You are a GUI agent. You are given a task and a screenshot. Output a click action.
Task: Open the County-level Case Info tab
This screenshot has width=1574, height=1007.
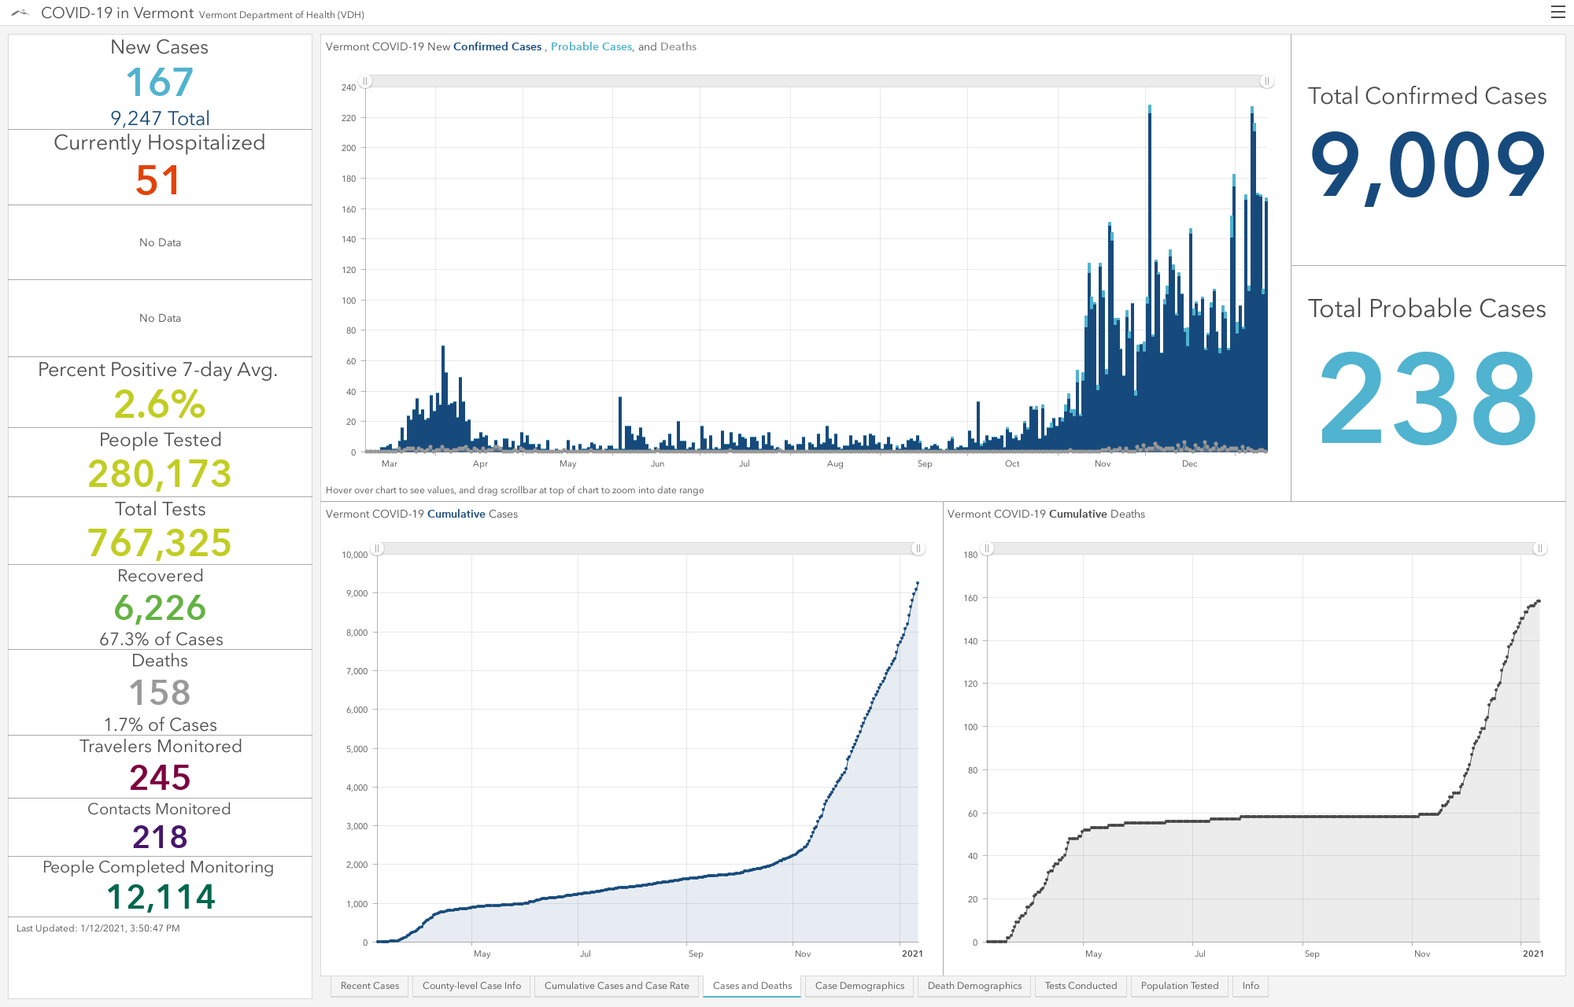click(471, 986)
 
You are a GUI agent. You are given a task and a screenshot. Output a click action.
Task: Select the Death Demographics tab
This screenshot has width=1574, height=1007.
click(974, 986)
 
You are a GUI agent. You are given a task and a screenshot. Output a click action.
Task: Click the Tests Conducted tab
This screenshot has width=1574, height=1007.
click(1081, 986)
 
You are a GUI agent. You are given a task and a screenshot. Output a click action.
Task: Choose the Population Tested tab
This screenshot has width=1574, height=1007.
click(1179, 986)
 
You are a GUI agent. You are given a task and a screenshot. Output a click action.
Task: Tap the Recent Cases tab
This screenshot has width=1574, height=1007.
click(370, 986)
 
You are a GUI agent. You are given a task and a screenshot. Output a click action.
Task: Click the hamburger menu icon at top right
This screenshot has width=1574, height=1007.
click(1557, 12)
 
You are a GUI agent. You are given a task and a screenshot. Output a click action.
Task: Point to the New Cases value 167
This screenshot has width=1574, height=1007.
click(160, 83)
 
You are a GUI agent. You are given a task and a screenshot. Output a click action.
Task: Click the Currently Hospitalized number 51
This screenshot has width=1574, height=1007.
click(158, 180)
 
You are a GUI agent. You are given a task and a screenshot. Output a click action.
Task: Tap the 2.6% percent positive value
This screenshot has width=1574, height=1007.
click(160, 404)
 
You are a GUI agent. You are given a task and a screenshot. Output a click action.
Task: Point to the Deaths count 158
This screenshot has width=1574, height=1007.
click(160, 693)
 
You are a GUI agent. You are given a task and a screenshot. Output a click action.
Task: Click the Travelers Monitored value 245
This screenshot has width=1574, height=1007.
click(160, 778)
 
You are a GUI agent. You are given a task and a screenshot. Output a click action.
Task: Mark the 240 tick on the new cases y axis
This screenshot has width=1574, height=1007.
click(349, 87)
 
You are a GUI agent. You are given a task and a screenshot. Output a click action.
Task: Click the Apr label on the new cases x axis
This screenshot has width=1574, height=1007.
click(480, 464)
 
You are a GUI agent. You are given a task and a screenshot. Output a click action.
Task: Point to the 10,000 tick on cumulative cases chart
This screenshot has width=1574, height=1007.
click(355, 555)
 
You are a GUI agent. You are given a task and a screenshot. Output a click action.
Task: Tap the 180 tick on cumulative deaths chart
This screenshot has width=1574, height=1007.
click(970, 555)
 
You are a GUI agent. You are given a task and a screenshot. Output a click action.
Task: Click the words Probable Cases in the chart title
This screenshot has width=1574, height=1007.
click(591, 46)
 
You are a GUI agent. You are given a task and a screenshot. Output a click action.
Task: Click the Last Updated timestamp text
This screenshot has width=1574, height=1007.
click(98, 928)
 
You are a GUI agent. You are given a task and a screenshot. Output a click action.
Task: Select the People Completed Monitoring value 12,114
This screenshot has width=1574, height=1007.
click(161, 897)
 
